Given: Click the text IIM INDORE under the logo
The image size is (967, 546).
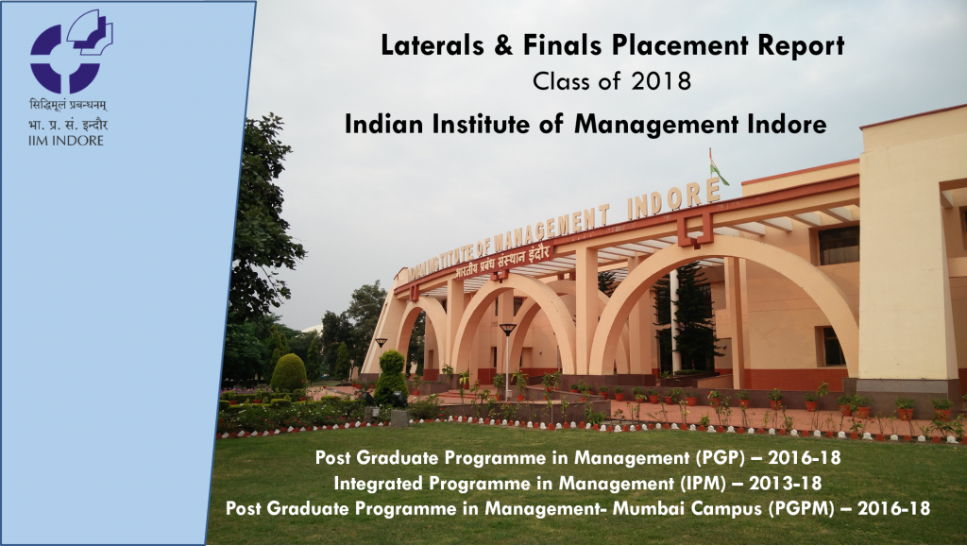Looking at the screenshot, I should [67, 141].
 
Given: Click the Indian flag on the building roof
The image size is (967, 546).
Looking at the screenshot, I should [719, 168].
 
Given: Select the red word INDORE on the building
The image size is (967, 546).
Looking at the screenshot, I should [672, 200].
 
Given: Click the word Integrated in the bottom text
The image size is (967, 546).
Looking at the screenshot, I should [379, 485].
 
